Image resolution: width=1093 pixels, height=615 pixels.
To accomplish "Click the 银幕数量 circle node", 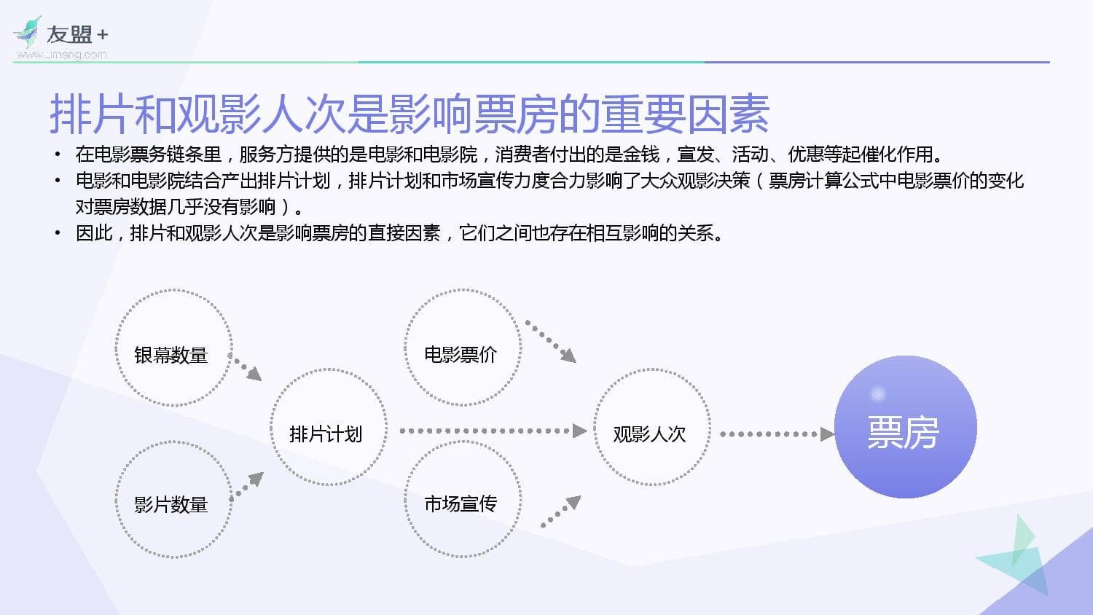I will pyautogui.click(x=173, y=348).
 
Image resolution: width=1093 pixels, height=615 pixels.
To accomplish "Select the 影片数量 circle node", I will pyautogui.click(x=173, y=500).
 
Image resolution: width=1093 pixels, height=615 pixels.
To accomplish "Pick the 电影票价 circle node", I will pyautogui.click(x=462, y=348).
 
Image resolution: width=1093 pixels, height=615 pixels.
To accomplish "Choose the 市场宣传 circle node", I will pyautogui.click(x=462, y=500).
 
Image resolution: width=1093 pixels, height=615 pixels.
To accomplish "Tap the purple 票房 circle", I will pyautogui.click(x=905, y=428).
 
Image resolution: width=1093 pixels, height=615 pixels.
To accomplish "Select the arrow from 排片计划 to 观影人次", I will pyautogui.click(x=493, y=431).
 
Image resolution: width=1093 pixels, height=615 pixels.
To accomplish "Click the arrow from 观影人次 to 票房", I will pyautogui.click(x=777, y=434).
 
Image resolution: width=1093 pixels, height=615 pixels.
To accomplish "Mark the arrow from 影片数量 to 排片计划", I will pyautogui.click(x=248, y=485).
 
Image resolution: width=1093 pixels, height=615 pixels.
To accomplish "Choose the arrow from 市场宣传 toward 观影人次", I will pyautogui.click(x=562, y=512).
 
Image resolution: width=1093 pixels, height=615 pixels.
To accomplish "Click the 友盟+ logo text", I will pyautogui.click(x=77, y=34).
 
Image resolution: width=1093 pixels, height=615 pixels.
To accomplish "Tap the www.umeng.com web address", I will pyautogui.click(x=62, y=55).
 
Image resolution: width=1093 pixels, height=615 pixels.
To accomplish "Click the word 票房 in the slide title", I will pyautogui.click(x=515, y=114).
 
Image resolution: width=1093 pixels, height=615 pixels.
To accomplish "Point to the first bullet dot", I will pyautogui.click(x=58, y=154).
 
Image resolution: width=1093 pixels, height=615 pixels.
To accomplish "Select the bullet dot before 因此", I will pyautogui.click(x=58, y=233).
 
